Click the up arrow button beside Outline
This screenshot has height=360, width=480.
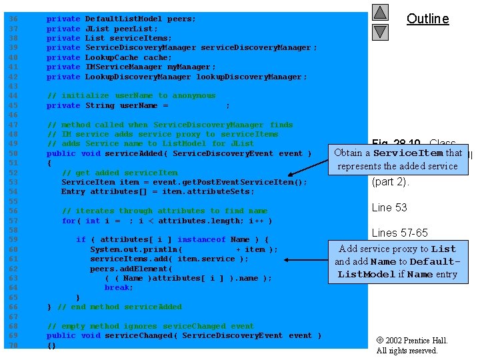[x=380, y=12]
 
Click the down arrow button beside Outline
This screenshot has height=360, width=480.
[x=380, y=31]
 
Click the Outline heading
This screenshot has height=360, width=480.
[x=428, y=19]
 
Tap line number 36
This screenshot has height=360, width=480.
[x=13, y=19]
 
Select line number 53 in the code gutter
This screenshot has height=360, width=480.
[x=13, y=182]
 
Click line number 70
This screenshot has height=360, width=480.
[x=13, y=345]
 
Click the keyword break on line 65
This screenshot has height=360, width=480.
[x=119, y=287]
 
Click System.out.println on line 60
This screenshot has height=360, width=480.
[x=131, y=249]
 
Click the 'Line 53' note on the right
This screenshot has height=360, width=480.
[x=389, y=207]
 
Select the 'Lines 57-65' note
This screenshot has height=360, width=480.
[x=400, y=233]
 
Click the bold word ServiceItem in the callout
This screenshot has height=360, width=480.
[x=408, y=153]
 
